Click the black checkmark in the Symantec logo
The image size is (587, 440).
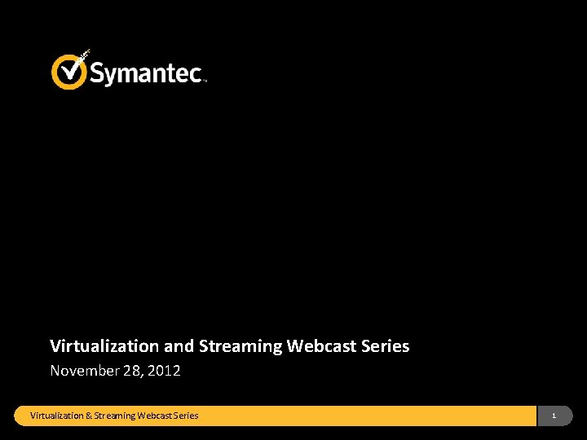(71, 68)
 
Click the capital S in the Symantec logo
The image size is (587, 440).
(97, 73)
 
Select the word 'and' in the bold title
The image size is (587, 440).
(179, 346)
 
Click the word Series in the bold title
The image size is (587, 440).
(385, 346)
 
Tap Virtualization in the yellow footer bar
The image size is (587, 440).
(57, 416)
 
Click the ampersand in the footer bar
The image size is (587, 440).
(89, 416)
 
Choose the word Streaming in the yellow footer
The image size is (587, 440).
(115, 416)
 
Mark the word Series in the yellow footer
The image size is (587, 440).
(186, 416)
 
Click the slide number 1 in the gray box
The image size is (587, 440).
(554, 416)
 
